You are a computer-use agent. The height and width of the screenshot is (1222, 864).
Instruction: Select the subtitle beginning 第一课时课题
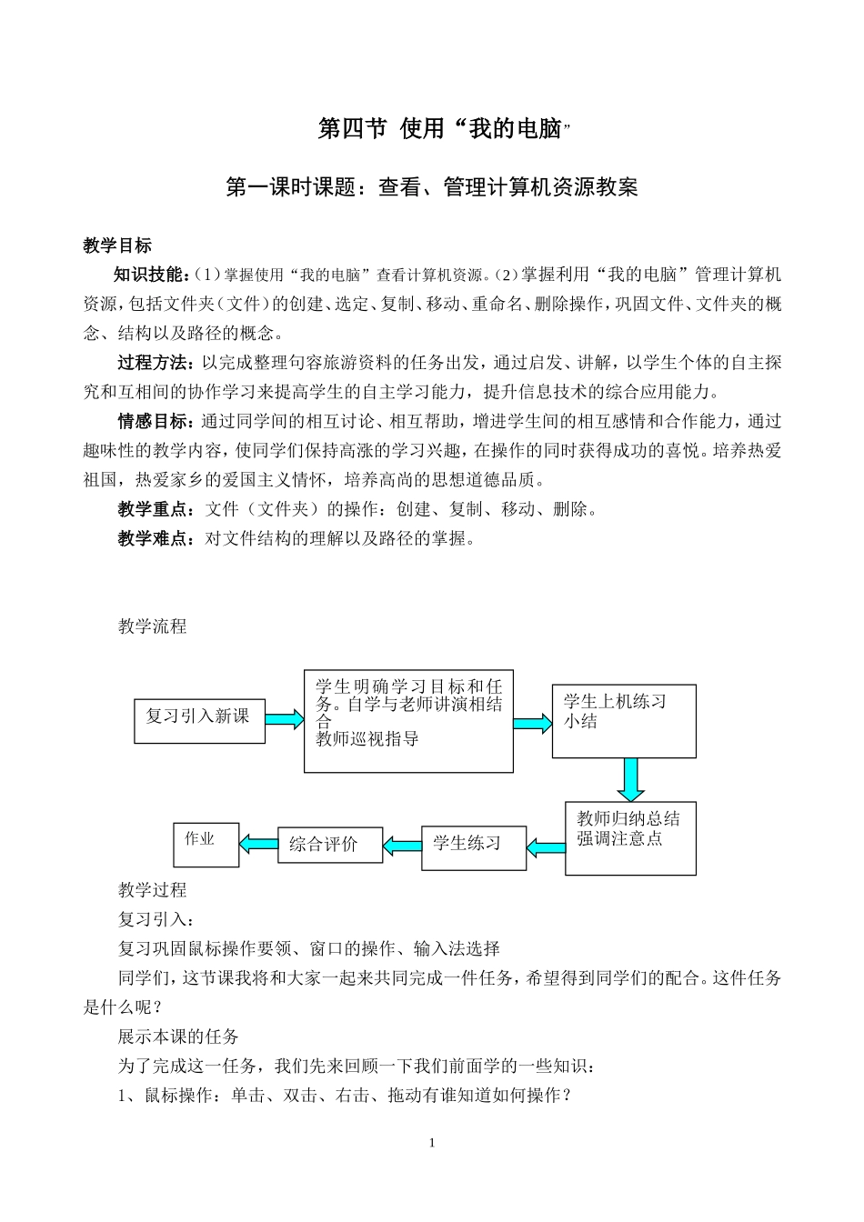tap(431, 187)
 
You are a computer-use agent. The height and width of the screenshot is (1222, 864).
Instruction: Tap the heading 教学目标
tap(117, 245)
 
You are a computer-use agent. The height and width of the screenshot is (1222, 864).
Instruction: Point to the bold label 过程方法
tap(156, 363)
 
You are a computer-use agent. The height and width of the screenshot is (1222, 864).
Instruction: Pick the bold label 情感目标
tap(156, 421)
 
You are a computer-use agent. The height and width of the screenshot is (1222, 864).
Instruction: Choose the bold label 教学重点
tap(156, 509)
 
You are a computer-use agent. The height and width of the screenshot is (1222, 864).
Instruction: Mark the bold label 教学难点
tap(156, 538)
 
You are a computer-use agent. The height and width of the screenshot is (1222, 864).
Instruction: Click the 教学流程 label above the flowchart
tap(152, 626)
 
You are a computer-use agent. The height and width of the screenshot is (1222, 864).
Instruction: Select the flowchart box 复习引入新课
tap(199, 720)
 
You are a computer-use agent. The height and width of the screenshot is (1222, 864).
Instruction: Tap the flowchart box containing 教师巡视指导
tap(408, 721)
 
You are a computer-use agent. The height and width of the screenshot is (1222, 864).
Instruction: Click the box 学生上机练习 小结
tap(624, 721)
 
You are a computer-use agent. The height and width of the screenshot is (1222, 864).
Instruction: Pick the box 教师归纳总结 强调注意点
tap(630, 839)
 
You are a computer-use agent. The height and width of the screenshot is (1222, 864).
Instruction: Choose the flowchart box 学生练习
tap(474, 847)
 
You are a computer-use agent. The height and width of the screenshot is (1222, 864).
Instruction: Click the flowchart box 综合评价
tap(330, 845)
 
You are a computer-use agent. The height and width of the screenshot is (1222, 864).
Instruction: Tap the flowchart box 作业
tap(206, 845)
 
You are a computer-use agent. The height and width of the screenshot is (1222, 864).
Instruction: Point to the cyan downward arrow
tap(629, 779)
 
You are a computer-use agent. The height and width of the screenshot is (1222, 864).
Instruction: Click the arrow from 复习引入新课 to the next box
tap(285, 719)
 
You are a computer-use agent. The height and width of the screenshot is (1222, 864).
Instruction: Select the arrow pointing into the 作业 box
tap(258, 845)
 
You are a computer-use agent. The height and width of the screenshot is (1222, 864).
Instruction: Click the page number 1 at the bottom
tap(432, 1143)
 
